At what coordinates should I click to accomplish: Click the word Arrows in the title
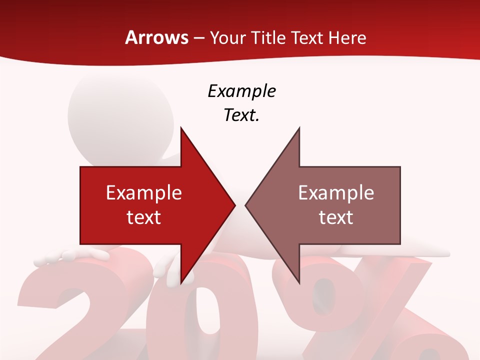coord(157,37)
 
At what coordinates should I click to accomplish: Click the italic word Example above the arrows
coord(241,91)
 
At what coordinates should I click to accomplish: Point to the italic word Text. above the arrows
coord(241,115)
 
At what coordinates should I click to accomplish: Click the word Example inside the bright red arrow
coord(144,193)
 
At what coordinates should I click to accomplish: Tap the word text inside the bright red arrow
coord(144,217)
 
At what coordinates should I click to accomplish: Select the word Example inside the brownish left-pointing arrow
coord(336,193)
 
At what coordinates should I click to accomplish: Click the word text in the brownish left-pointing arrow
coord(336,217)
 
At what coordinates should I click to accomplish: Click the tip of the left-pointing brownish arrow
coord(246,205)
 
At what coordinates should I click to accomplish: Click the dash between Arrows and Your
coord(198,38)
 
